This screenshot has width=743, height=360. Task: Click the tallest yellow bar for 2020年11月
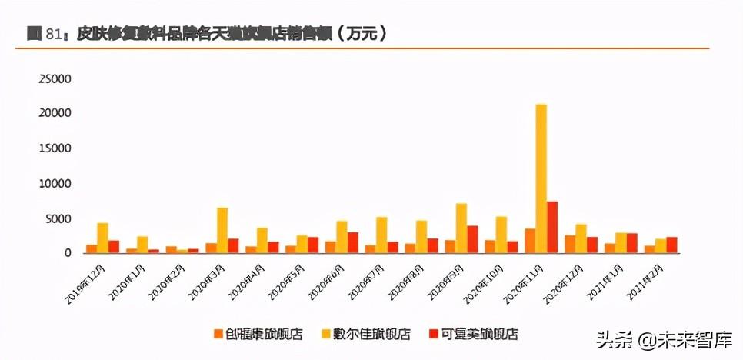point(541,177)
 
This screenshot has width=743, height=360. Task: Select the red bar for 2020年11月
point(552,226)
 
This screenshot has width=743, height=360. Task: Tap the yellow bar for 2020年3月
point(222,230)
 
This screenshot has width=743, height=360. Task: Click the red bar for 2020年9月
point(472,239)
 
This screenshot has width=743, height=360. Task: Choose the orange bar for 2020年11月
point(530,240)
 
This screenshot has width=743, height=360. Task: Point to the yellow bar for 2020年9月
point(461,228)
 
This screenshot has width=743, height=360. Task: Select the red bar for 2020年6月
point(353,242)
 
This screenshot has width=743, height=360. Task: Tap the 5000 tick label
point(58,218)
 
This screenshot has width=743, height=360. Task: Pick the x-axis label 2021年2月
point(648,279)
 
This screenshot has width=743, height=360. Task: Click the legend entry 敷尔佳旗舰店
point(375,334)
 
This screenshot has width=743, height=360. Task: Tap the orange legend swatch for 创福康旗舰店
point(218,334)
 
